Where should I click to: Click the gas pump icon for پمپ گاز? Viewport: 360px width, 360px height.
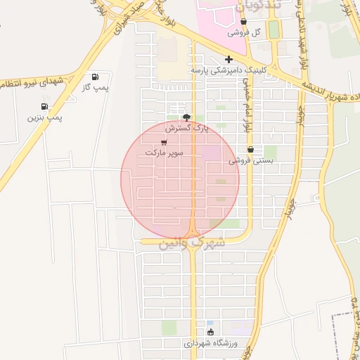point(95,77)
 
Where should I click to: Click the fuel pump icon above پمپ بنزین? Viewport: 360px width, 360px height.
point(45,107)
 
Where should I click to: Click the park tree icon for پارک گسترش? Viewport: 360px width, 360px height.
point(186,118)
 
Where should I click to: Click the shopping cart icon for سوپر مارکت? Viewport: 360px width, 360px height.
point(164,142)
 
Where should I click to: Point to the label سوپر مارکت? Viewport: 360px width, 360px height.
point(164,152)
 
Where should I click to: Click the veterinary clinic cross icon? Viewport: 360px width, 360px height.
point(228,60)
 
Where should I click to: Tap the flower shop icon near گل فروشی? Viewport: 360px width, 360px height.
point(243,22)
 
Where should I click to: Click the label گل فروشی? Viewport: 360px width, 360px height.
point(246,33)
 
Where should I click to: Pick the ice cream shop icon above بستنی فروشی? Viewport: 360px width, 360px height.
point(251,149)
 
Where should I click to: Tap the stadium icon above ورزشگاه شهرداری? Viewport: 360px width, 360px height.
point(210,332)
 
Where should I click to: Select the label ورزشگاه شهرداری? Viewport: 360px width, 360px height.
point(211,344)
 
